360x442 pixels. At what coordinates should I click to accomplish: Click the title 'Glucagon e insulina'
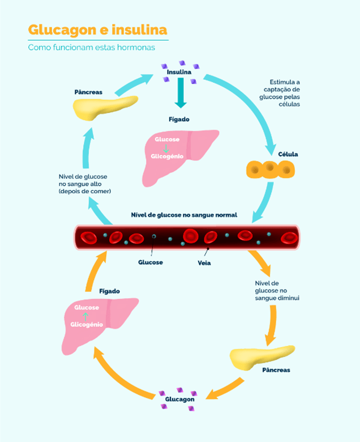click(97, 29)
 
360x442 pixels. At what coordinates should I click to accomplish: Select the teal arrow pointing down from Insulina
click(180, 93)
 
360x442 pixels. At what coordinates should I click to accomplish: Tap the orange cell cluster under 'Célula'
click(271, 168)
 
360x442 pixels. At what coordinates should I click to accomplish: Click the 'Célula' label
click(288, 154)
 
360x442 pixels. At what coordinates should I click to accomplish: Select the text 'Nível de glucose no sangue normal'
click(184, 215)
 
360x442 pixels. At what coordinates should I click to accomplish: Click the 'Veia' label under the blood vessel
click(204, 263)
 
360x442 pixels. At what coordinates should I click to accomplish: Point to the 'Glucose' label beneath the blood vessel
click(151, 262)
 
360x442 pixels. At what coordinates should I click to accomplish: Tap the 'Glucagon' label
click(179, 399)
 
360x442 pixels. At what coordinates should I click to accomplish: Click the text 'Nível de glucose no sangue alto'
click(83, 184)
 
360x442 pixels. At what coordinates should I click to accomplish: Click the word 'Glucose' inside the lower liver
click(86, 308)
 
